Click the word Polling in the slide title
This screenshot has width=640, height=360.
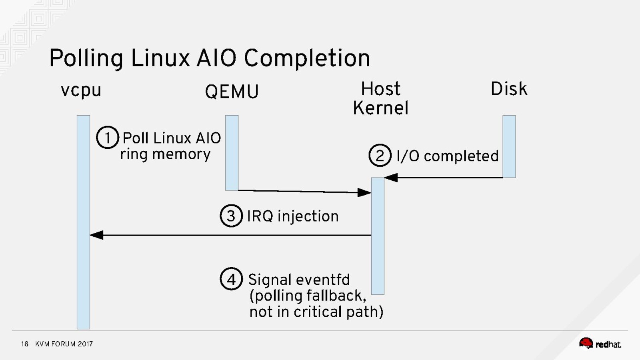point(86,58)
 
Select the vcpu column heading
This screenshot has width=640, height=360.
point(81,90)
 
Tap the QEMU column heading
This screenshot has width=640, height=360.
point(232,92)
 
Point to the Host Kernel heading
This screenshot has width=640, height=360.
point(380,98)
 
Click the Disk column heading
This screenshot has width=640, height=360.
point(509,89)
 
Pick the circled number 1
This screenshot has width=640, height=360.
point(107,138)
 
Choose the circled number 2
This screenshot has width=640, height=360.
point(380,156)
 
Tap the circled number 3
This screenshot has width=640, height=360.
point(231,216)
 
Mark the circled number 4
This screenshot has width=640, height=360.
point(231,279)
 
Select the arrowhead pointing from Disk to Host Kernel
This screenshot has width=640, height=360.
point(391,178)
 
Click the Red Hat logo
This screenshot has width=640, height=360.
point(600,344)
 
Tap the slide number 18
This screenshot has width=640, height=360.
point(25,344)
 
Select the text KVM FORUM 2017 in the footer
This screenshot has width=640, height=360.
point(64,344)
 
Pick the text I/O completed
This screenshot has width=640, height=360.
point(447,156)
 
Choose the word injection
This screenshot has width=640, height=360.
point(308,216)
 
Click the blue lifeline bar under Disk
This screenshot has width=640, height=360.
point(509,146)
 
